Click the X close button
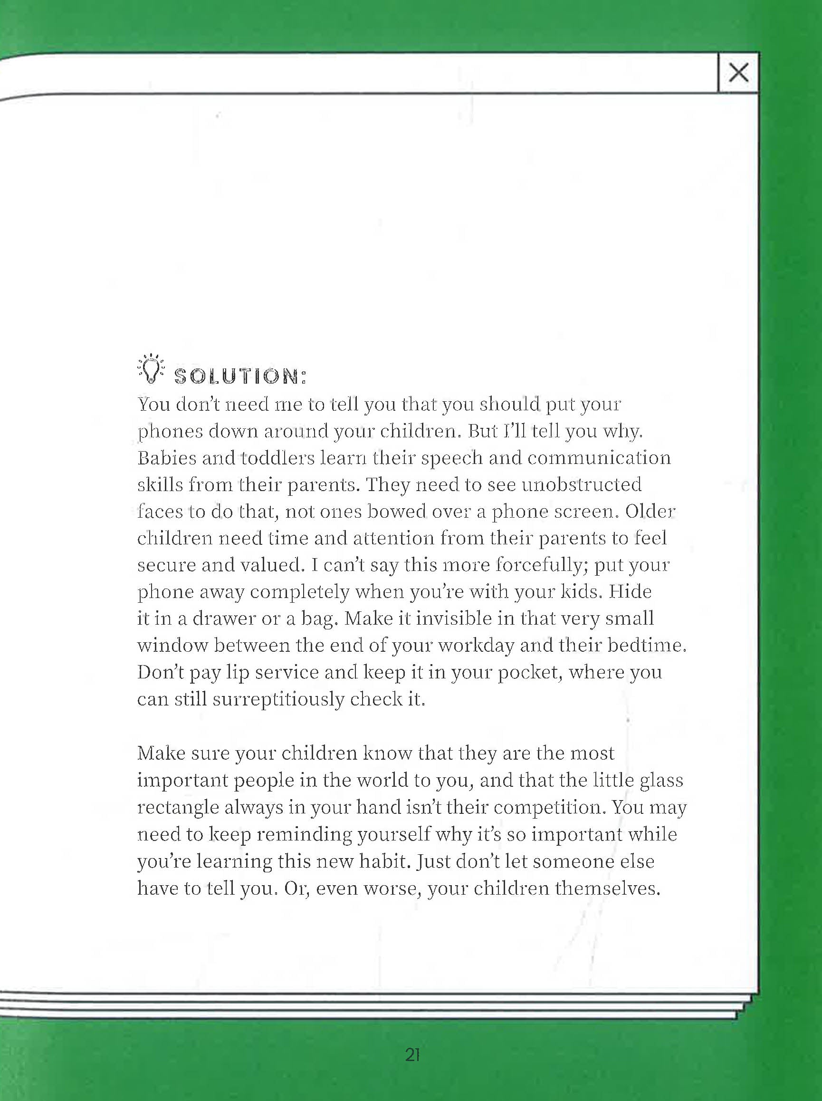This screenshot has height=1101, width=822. coord(738,73)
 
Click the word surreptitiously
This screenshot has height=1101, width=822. coord(278,700)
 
